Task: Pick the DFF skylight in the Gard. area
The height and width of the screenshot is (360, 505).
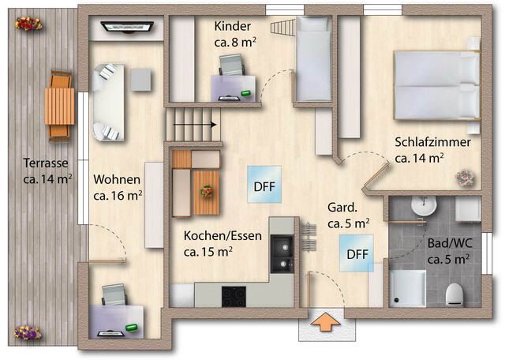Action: click(x=357, y=253)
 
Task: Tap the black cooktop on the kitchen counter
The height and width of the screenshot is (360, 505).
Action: click(x=234, y=295)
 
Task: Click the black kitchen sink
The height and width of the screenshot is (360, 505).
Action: click(x=281, y=253)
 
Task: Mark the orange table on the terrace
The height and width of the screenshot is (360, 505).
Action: click(x=59, y=106)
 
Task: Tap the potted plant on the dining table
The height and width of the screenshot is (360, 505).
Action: click(x=208, y=191)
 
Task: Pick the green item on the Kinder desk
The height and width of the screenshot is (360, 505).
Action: click(x=246, y=95)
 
